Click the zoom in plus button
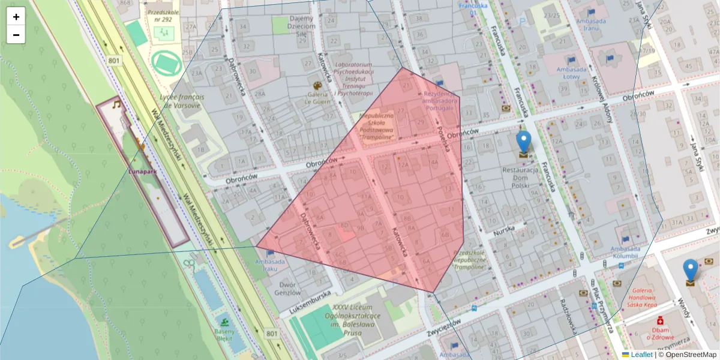pos(16,16)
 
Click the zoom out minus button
pos(16,35)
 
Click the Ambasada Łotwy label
pos(571,73)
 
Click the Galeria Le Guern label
pos(318,97)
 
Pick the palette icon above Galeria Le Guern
pos(318,85)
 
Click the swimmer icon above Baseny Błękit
pos(224,317)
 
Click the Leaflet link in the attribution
pos(641,355)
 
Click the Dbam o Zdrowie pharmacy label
pos(659,333)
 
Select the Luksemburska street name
pos(310,303)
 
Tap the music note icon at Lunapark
pos(117,104)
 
